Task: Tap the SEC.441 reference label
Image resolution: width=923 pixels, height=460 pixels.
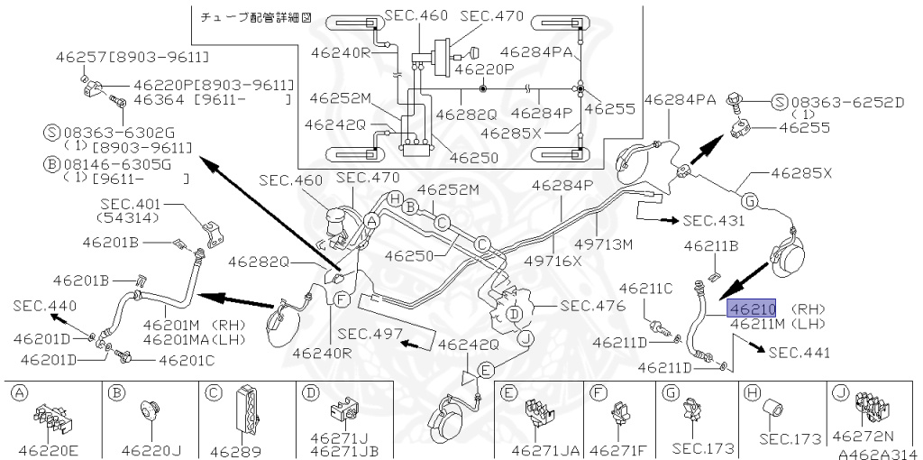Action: tap(799, 352)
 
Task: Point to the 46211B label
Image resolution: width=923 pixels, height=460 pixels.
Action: tap(712, 244)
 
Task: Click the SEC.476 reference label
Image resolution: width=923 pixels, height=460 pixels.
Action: tap(591, 306)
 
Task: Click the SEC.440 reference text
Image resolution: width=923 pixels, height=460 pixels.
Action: tap(43, 306)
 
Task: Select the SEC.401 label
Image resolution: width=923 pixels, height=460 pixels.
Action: tap(131, 205)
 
